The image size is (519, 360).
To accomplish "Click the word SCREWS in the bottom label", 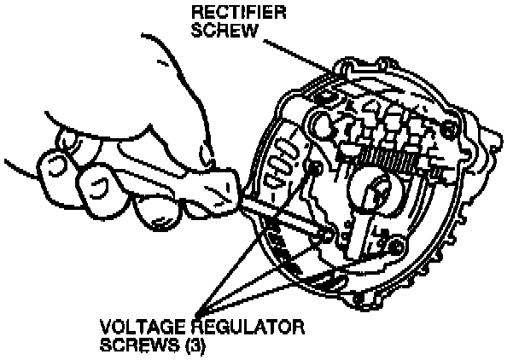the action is pyautogui.click(x=131, y=346).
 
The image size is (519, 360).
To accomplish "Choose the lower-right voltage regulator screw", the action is pyautogui.click(x=394, y=247).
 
